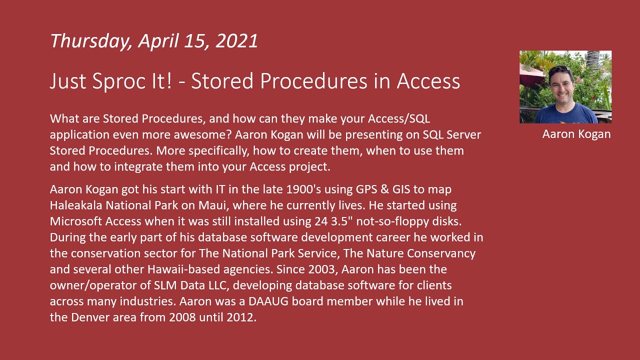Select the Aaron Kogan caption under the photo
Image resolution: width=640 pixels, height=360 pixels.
point(576,134)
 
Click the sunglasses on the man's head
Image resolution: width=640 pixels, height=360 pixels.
point(559,68)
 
